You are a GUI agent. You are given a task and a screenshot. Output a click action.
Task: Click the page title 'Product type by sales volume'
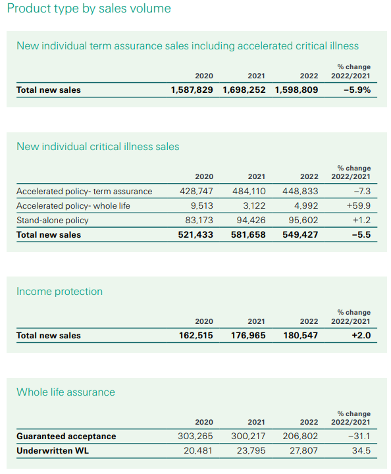click(x=89, y=9)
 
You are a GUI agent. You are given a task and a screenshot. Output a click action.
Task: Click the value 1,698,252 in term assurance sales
click(x=244, y=90)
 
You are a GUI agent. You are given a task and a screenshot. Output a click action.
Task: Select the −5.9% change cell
click(x=357, y=90)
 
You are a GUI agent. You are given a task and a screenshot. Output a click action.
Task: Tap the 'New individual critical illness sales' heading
click(x=98, y=147)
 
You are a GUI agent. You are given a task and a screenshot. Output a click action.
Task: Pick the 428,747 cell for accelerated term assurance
click(x=196, y=191)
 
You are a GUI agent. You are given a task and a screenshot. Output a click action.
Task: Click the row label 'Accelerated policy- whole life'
click(x=73, y=206)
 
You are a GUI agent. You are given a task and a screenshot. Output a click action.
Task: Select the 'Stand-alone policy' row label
click(x=53, y=221)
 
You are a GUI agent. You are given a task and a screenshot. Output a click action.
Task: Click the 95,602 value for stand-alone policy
click(x=303, y=220)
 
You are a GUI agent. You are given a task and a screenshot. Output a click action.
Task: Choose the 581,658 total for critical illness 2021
click(x=248, y=234)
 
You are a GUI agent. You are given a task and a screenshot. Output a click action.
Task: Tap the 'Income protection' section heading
click(x=59, y=292)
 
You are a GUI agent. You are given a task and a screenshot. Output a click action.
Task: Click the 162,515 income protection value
click(x=196, y=335)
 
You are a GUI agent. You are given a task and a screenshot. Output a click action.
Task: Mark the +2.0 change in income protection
click(x=361, y=335)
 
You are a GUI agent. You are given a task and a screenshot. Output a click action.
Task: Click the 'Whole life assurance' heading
click(x=66, y=392)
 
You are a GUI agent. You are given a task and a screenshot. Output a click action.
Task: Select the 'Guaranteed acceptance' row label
click(x=66, y=436)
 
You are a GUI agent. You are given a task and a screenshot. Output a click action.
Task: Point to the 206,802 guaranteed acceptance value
click(x=300, y=436)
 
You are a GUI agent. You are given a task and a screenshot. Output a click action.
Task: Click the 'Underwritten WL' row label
click(x=53, y=451)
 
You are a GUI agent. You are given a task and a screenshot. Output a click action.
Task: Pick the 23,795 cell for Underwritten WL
click(x=251, y=450)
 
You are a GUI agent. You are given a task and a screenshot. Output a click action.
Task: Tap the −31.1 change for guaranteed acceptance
click(x=359, y=436)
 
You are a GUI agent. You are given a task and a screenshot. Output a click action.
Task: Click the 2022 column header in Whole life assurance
click(x=309, y=422)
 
